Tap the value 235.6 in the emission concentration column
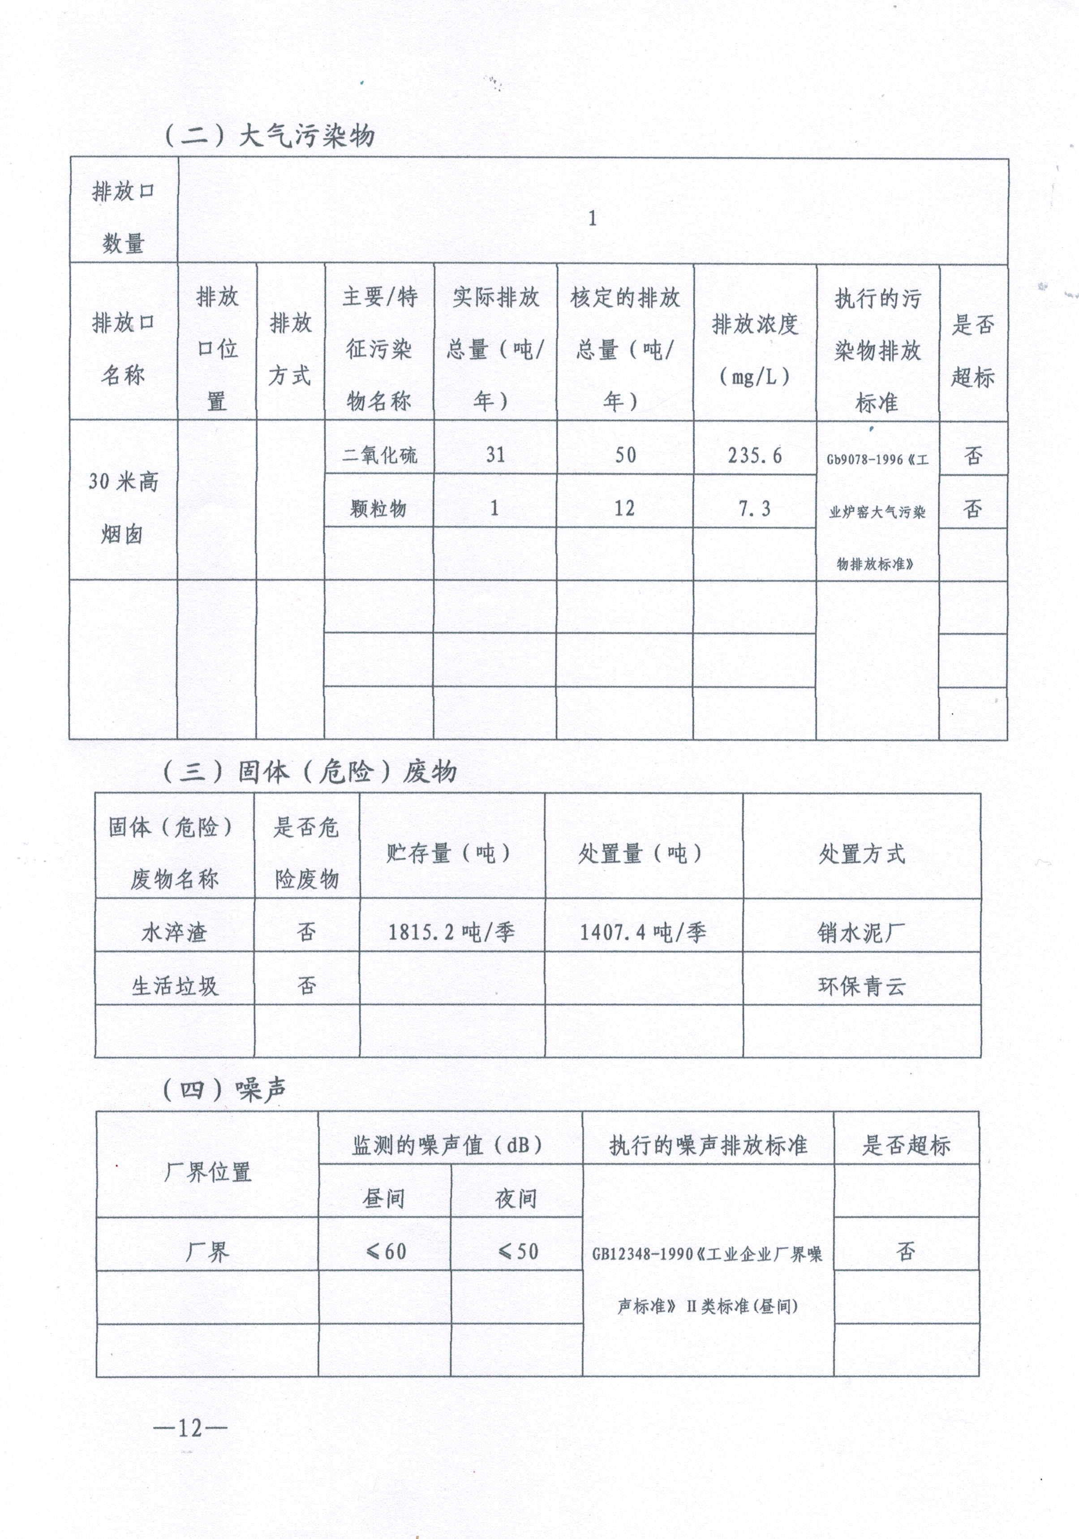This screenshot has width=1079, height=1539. [x=755, y=456]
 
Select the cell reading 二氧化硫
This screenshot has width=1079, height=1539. [x=379, y=456]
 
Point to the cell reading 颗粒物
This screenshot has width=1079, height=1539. [x=378, y=509]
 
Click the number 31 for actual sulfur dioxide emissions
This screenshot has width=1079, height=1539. [x=495, y=455]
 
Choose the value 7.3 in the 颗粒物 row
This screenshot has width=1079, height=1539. [x=755, y=509]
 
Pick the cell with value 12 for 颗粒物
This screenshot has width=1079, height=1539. [x=625, y=509]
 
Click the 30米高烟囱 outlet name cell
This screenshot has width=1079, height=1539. [x=123, y=507]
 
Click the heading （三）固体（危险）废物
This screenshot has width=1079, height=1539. [x=310, y=772]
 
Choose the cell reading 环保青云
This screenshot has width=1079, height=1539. [x=861, y=985]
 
